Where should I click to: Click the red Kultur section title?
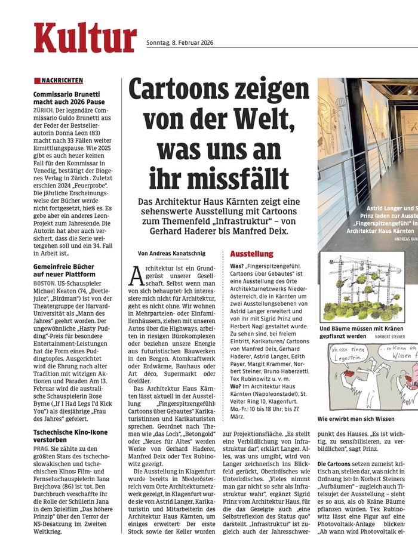[x=85, y=38]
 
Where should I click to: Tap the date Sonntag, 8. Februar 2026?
[x=180, y=42]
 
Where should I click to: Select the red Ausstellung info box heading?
[x=251, y=254]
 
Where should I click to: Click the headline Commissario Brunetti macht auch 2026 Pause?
[x=66, y=99]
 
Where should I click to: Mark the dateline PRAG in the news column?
[x=41, y=453]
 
